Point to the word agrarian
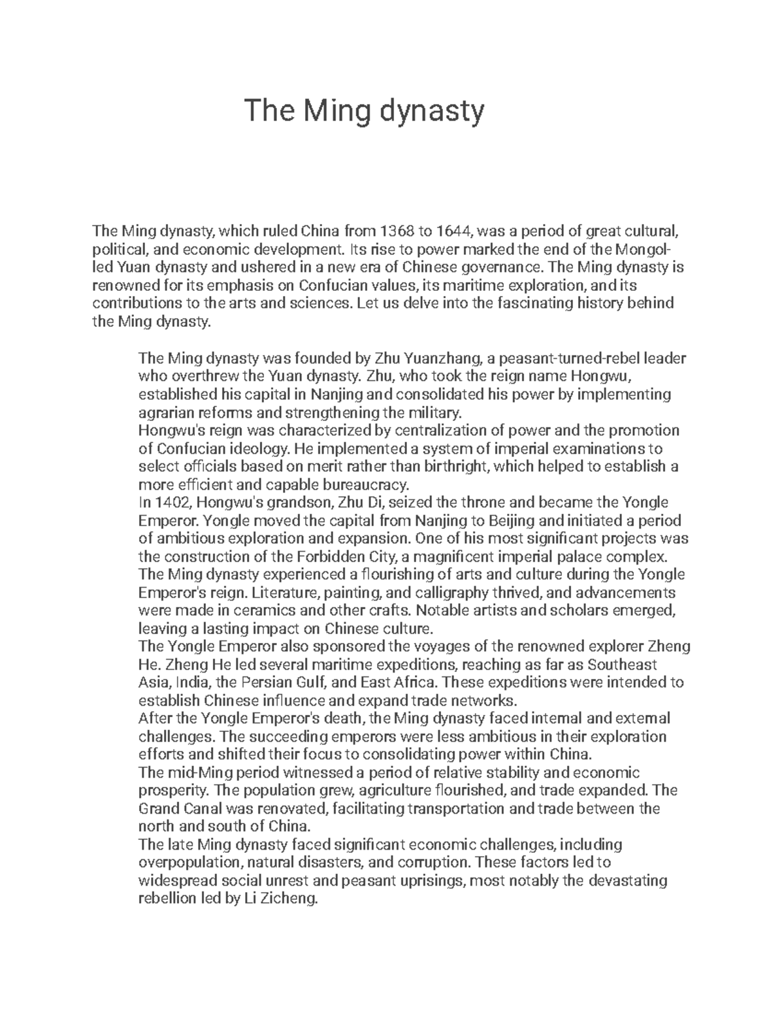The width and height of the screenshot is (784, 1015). click(x=163, y=413)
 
